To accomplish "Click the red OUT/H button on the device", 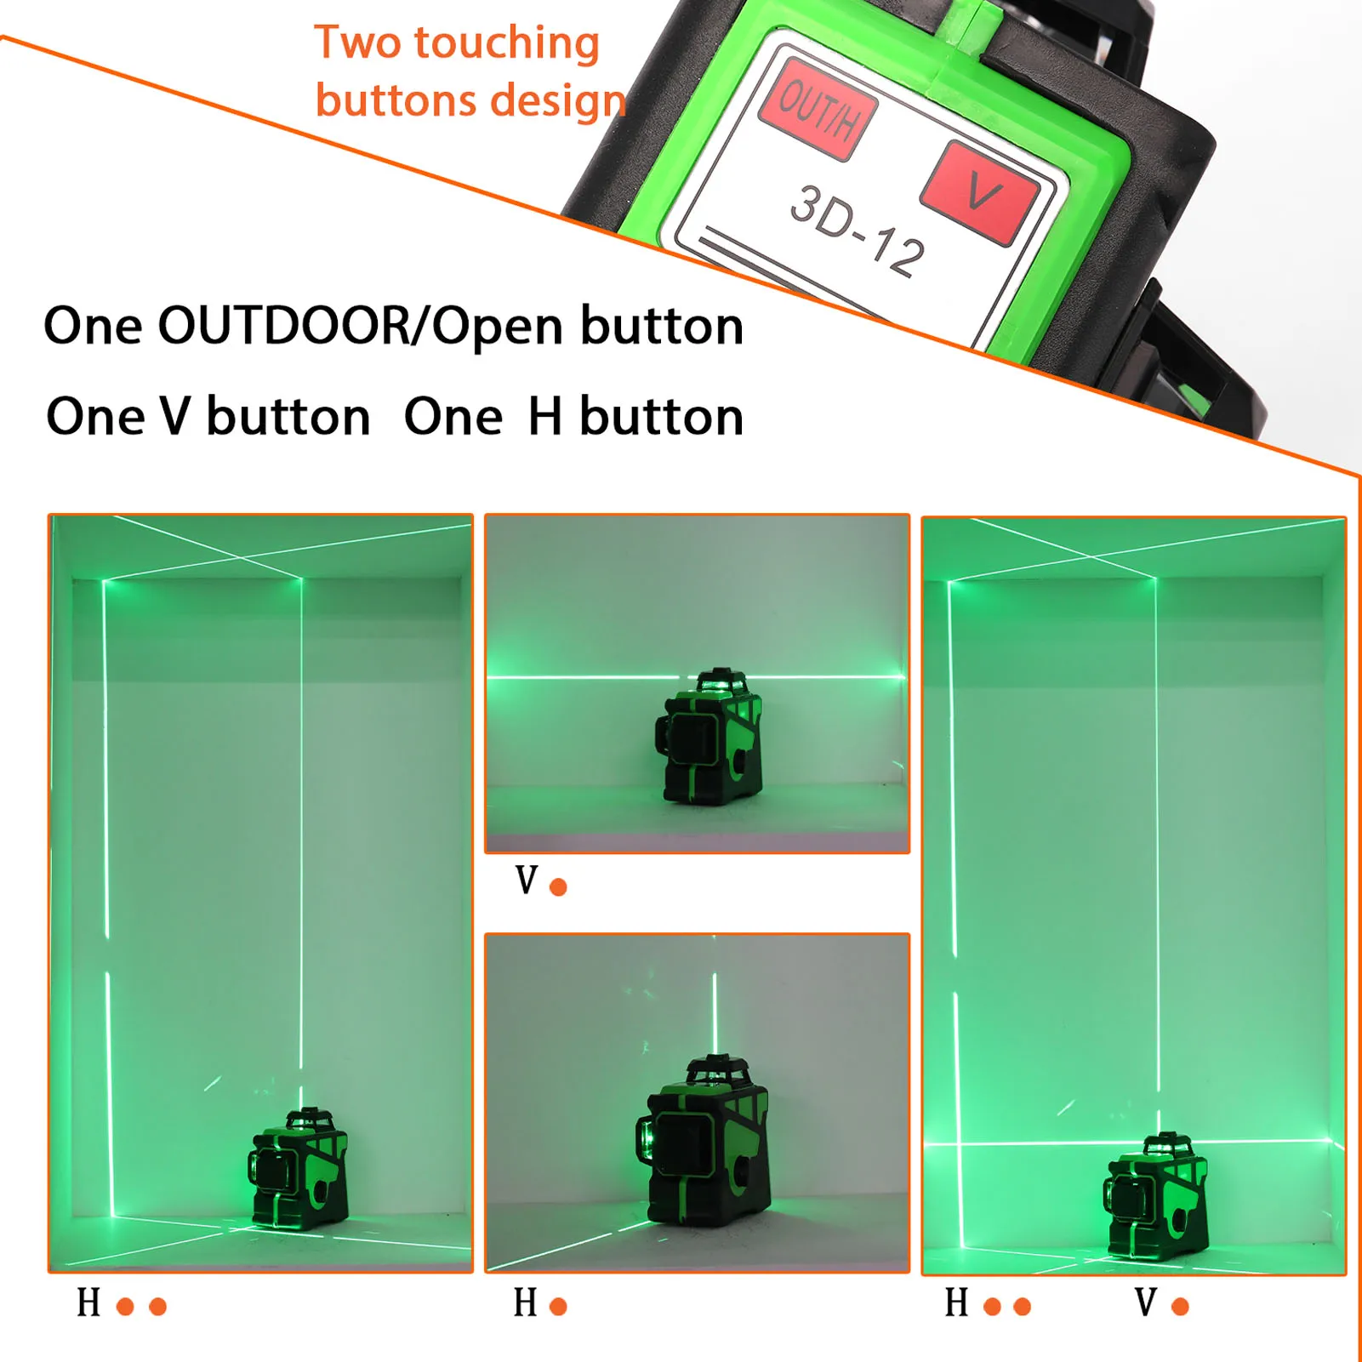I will [817, 108].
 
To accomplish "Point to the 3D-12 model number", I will [858, 231].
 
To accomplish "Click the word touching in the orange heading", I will [507, 43].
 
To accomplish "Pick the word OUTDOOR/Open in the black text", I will [360, 326].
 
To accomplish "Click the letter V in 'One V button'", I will [175, 417].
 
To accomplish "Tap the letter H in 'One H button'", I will [545, 417].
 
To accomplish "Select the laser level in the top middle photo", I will [710, 737].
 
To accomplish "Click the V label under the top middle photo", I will [527, 881].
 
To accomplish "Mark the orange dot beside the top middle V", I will [558, 887].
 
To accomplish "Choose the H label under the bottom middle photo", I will [525, 1302].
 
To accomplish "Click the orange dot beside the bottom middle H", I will [558, 1307].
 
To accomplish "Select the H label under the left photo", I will [88, 1302].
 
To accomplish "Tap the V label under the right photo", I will [1145, 1302].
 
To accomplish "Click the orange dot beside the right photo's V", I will [1180, 1307].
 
